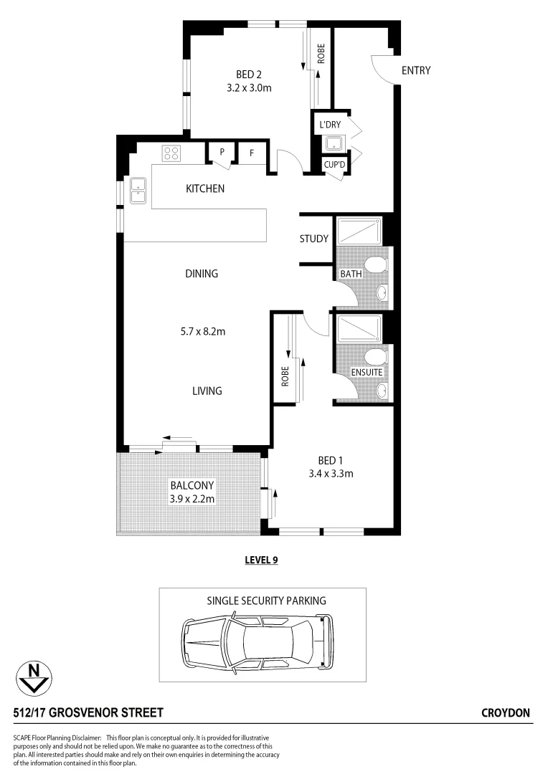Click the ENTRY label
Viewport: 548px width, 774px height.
tap(416, 70)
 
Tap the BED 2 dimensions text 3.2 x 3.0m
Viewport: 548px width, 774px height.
tap(248, 88)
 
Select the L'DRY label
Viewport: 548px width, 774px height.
tap(330, 125)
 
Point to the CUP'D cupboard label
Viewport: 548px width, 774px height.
tap(334, 164)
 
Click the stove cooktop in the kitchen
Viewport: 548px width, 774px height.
tap(171, 153)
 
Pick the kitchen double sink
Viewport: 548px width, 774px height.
tap(137, 189)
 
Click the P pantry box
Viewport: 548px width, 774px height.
tap(222, 152)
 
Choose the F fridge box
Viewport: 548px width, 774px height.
tap(252, 152)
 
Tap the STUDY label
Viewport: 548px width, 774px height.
tap(314, 239)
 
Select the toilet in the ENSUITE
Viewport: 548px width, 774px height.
tap(373, 357)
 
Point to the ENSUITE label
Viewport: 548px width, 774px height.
tap(366, 373)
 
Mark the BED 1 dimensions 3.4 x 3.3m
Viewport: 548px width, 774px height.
tap(331, 473)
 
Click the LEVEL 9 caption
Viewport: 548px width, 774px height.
tap(262, 560)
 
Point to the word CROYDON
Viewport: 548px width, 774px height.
tap(506, 713)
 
